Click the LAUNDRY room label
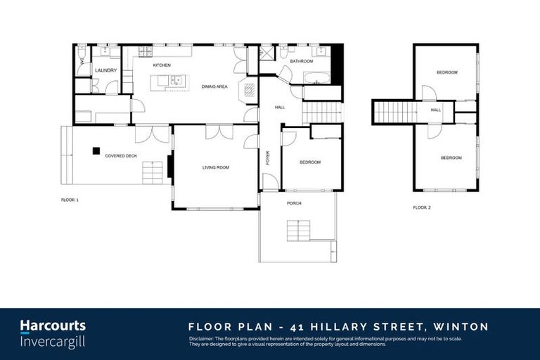click(105, 70)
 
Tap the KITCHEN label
click(162, 65)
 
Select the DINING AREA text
click(214, 86)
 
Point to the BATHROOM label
click(302, 61)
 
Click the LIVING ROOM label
click(216, 167)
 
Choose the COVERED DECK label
click(121, 155)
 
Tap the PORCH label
click(294, 203)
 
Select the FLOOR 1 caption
click(70, 200)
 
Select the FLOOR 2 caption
click(422, 207)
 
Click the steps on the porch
click(298, 231)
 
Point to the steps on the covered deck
click(152, 172)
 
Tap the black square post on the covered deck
click(95, 149)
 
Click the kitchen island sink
click(176, 81)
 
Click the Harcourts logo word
click(53, 326)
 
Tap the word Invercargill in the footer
click(53, 340)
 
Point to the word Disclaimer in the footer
click(203, 338)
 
